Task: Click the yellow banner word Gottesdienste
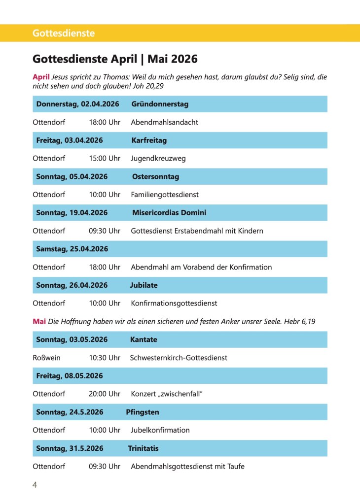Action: click(64, 34)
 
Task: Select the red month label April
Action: click(41, 77)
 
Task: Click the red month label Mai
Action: click(39, 322)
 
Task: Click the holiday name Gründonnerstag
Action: click(160, 104)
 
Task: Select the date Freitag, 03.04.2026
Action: click(70, 140)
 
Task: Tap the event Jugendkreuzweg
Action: click(158, 159)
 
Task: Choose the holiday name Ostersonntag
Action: click(155, 176)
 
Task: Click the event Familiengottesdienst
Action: click(165, 195)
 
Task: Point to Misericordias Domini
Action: click(169, 213)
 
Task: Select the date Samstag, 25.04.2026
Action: click(72, 249)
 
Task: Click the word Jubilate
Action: click(144, 285)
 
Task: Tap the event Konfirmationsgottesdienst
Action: click(174, 303)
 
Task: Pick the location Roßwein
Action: click(46, 358)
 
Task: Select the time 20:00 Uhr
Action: click(105, 394)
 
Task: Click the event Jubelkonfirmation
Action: click(160, 430)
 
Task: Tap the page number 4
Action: click(35, 485)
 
